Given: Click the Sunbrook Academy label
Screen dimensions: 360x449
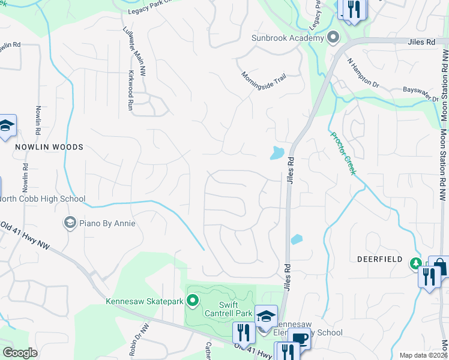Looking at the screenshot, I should tap(288, 38).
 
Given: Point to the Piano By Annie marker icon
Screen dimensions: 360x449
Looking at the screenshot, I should tap(70, 223).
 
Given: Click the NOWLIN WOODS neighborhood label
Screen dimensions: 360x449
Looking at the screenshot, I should tap(50, 147).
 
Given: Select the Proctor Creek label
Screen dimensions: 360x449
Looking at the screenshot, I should tap(343, 153).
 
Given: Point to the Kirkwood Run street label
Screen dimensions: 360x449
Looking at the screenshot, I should tap(130, 91).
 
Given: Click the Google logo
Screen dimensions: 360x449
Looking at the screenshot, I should tap(20, 353).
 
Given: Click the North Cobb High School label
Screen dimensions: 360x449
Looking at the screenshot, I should tap(43, 199).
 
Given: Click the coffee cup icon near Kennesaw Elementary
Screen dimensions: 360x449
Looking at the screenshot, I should tap(299, 338).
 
